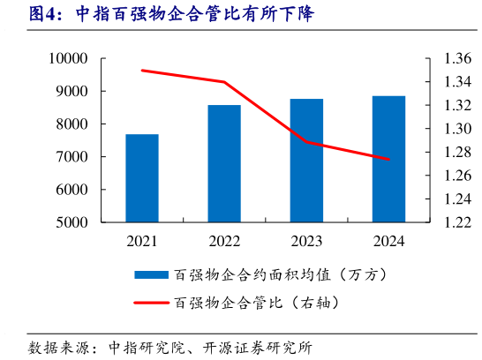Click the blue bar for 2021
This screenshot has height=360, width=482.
click(x=142, y=178)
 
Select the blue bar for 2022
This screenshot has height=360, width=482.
click(x=224, y=164)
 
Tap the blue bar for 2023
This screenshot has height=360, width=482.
click(x=306, y=161)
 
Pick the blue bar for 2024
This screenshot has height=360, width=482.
click(x=388, y=159)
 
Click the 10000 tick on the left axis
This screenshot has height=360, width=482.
click(x=68, y=58)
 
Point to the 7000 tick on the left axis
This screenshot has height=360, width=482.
click(x=72, y=157)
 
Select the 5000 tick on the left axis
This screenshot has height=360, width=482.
click(x=72, y=223)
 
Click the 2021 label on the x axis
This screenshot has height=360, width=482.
click(x=142, y=240)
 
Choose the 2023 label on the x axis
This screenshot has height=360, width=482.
click(x=306, y=240)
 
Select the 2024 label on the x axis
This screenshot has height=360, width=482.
click(x=388, y=240)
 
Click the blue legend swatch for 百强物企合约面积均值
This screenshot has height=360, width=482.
click(x=152, y=274)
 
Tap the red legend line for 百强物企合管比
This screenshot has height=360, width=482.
click(x=152, y=302)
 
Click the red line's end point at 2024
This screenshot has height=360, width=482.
click(x=388, y=160)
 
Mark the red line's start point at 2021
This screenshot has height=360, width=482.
click(x=142, y=70)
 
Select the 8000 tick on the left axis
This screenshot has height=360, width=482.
click(x=72, y=124)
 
